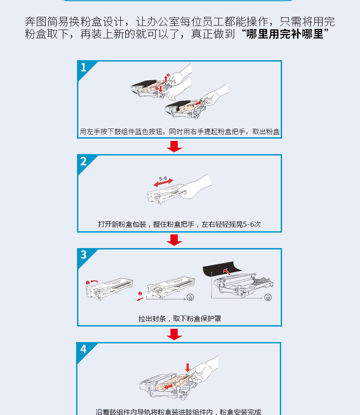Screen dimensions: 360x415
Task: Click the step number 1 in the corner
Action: [x=83, y=67]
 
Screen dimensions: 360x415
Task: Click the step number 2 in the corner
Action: [x=83, y=161]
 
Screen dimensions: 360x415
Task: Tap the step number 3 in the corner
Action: [x=83, y=254]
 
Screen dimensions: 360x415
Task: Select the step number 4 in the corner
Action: [x=83, y=349]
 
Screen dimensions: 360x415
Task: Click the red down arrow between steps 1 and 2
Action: [x=175, y=146]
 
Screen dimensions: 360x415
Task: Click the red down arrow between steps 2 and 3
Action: [x=175, y=240]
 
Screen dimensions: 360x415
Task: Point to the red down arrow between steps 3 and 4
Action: [x=175, y=334]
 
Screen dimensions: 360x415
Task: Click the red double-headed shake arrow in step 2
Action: [x=163, y=182]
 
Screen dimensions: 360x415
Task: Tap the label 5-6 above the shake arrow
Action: [x=163, y=178]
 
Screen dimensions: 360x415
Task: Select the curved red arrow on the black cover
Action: [x=226, y=271]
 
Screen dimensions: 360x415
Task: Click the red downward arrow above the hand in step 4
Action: [x=188, y=368]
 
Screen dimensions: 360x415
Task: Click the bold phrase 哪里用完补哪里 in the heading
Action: [x=285, y=34]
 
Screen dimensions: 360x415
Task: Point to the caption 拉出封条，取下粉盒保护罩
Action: [x=180, y=318]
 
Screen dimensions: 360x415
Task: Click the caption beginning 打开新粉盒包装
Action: [x=180, y=224]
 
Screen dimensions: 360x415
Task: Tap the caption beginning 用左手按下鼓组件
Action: [x=180, y=131]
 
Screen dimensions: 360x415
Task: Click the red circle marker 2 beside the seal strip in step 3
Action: [x=140, y=294]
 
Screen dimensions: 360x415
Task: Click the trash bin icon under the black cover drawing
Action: [x=268, y=297]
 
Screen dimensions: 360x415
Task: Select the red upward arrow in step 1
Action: [x=166, y=79]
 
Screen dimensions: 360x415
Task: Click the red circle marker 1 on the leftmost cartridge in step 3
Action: [x=87, y=283]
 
